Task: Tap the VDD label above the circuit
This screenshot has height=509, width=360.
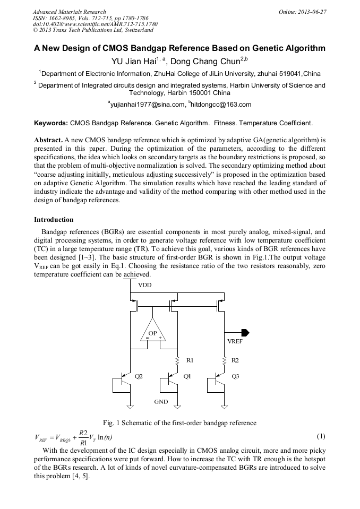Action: point(145,286)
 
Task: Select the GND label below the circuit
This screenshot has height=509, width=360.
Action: point(161,402)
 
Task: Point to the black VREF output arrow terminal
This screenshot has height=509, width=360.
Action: point(245,332)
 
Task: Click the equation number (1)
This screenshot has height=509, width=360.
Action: point(321,436)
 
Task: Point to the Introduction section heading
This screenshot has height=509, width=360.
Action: point(54,219)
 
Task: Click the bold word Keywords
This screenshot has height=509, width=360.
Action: point(51,123)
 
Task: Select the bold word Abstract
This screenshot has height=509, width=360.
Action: point(48,139)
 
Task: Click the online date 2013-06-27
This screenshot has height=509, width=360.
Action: point(312,12)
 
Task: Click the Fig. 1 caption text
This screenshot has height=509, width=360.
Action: point(179,423)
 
